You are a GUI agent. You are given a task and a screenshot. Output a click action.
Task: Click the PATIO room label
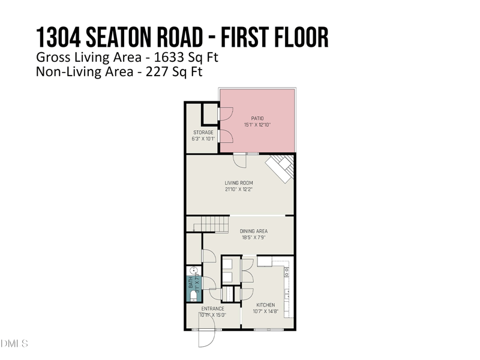tap(257, 119)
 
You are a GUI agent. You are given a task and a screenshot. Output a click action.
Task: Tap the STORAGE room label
tap(203, 133)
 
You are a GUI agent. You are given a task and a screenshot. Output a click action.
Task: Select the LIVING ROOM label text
tap(239, 183)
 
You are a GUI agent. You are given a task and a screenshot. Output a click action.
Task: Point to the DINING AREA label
tap(254, 231)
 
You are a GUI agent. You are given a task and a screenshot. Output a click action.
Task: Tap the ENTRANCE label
tap(212, 309)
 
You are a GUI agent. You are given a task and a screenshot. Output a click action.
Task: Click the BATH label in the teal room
tap(191, 281)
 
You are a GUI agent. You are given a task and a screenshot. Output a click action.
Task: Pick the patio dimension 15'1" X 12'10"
tap(257, 125)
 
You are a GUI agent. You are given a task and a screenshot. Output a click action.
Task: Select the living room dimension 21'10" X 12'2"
tap(239, 190)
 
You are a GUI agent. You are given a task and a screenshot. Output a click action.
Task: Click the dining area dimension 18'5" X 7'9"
tap(254, 238)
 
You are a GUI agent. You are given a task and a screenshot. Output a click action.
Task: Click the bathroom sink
tap(194, 271)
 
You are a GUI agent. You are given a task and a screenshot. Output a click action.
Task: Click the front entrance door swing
tap(206, 338)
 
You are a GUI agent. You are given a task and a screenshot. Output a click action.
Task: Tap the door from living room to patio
tap(240, 159)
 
